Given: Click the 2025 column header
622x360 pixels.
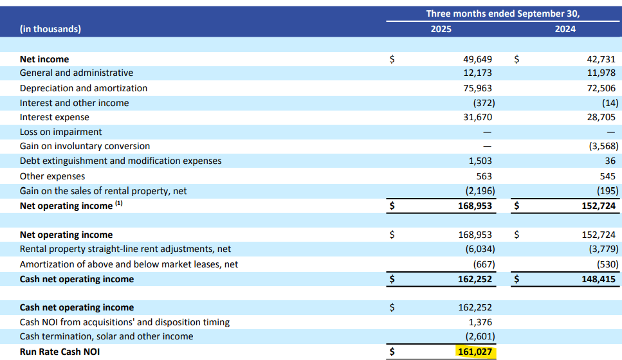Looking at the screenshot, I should (441, 29).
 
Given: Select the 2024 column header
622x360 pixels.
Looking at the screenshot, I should (565, 29).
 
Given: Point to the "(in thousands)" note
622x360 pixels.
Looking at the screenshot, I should (50, 29).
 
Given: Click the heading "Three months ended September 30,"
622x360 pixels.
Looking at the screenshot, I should (503, 13).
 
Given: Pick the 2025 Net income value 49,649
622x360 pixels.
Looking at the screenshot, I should (477, 59).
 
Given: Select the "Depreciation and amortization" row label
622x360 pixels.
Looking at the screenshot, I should (84, 88).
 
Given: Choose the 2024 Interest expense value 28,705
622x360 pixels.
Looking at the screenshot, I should (601, 118).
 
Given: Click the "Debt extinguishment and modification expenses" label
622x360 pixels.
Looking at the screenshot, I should (120, 161).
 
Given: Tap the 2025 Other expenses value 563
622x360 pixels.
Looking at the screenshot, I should (484, 176).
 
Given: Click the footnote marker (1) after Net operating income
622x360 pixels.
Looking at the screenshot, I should (118, 204).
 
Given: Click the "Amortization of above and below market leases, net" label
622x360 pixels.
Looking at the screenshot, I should (129, 264).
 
